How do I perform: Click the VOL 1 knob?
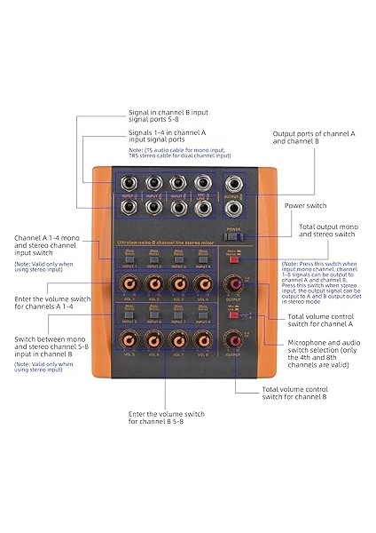pos(129,284)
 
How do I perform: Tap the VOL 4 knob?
pos(204,284)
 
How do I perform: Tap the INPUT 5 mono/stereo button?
pos(129,316)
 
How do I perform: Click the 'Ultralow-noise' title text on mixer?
pos(133,243)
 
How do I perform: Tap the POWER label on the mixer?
pos(234,228)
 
